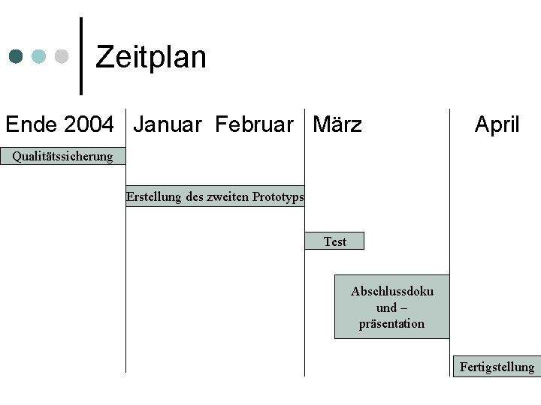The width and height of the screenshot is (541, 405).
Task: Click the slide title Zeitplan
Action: [151, 57]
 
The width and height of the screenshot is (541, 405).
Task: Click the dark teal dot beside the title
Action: [17, 56]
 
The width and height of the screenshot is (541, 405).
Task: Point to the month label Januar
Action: [167, 124]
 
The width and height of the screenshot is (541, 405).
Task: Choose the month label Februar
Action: [254, 124]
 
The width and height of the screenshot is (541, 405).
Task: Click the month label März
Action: [337, 124]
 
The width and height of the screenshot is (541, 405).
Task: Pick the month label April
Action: [497, 124]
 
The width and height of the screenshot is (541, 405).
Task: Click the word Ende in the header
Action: [31, 124]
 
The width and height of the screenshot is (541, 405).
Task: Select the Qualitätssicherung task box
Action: [62, 156]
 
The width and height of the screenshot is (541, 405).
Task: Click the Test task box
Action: [334, 241]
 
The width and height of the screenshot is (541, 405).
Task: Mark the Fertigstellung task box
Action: [497, 367]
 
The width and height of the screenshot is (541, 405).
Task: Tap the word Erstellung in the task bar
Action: [153, 196]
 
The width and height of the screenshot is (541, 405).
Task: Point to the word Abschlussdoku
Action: [391, 291]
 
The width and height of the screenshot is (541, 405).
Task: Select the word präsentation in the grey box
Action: [391, 324]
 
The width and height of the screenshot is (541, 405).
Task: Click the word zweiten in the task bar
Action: [227, 196]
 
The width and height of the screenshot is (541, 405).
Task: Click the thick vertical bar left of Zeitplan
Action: [80, 56]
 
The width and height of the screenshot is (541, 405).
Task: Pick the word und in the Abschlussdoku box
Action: [386, 307]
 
